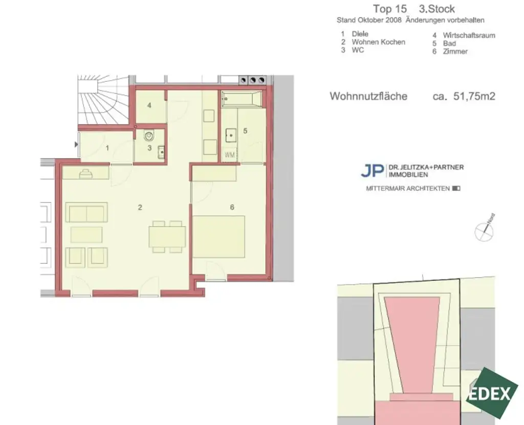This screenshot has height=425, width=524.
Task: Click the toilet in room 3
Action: coord(149,137)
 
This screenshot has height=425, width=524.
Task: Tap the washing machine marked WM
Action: coord(230,154)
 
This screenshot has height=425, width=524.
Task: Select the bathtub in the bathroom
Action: coord(242,99)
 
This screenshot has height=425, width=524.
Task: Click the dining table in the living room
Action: coord(167,237)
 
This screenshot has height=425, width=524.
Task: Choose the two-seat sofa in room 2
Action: coord(87,213)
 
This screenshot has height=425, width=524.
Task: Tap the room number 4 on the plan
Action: coord(149,106)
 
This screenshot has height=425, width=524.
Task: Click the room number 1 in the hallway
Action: coord(107,148)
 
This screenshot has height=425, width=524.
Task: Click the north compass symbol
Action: coord(484,231)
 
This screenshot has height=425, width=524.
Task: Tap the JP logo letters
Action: coord(372,170)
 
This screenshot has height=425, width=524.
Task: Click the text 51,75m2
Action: coord(474,96)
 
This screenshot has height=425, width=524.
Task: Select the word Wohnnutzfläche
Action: coord(368,96)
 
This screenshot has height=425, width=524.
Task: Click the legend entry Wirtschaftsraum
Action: coord(469,35)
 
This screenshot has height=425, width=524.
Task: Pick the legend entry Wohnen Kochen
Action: coord(378,42)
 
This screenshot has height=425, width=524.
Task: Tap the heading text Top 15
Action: coord(389,9)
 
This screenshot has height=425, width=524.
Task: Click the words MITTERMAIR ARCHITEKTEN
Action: coord(408,188)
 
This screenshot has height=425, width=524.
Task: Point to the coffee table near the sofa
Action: coord(86,234)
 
